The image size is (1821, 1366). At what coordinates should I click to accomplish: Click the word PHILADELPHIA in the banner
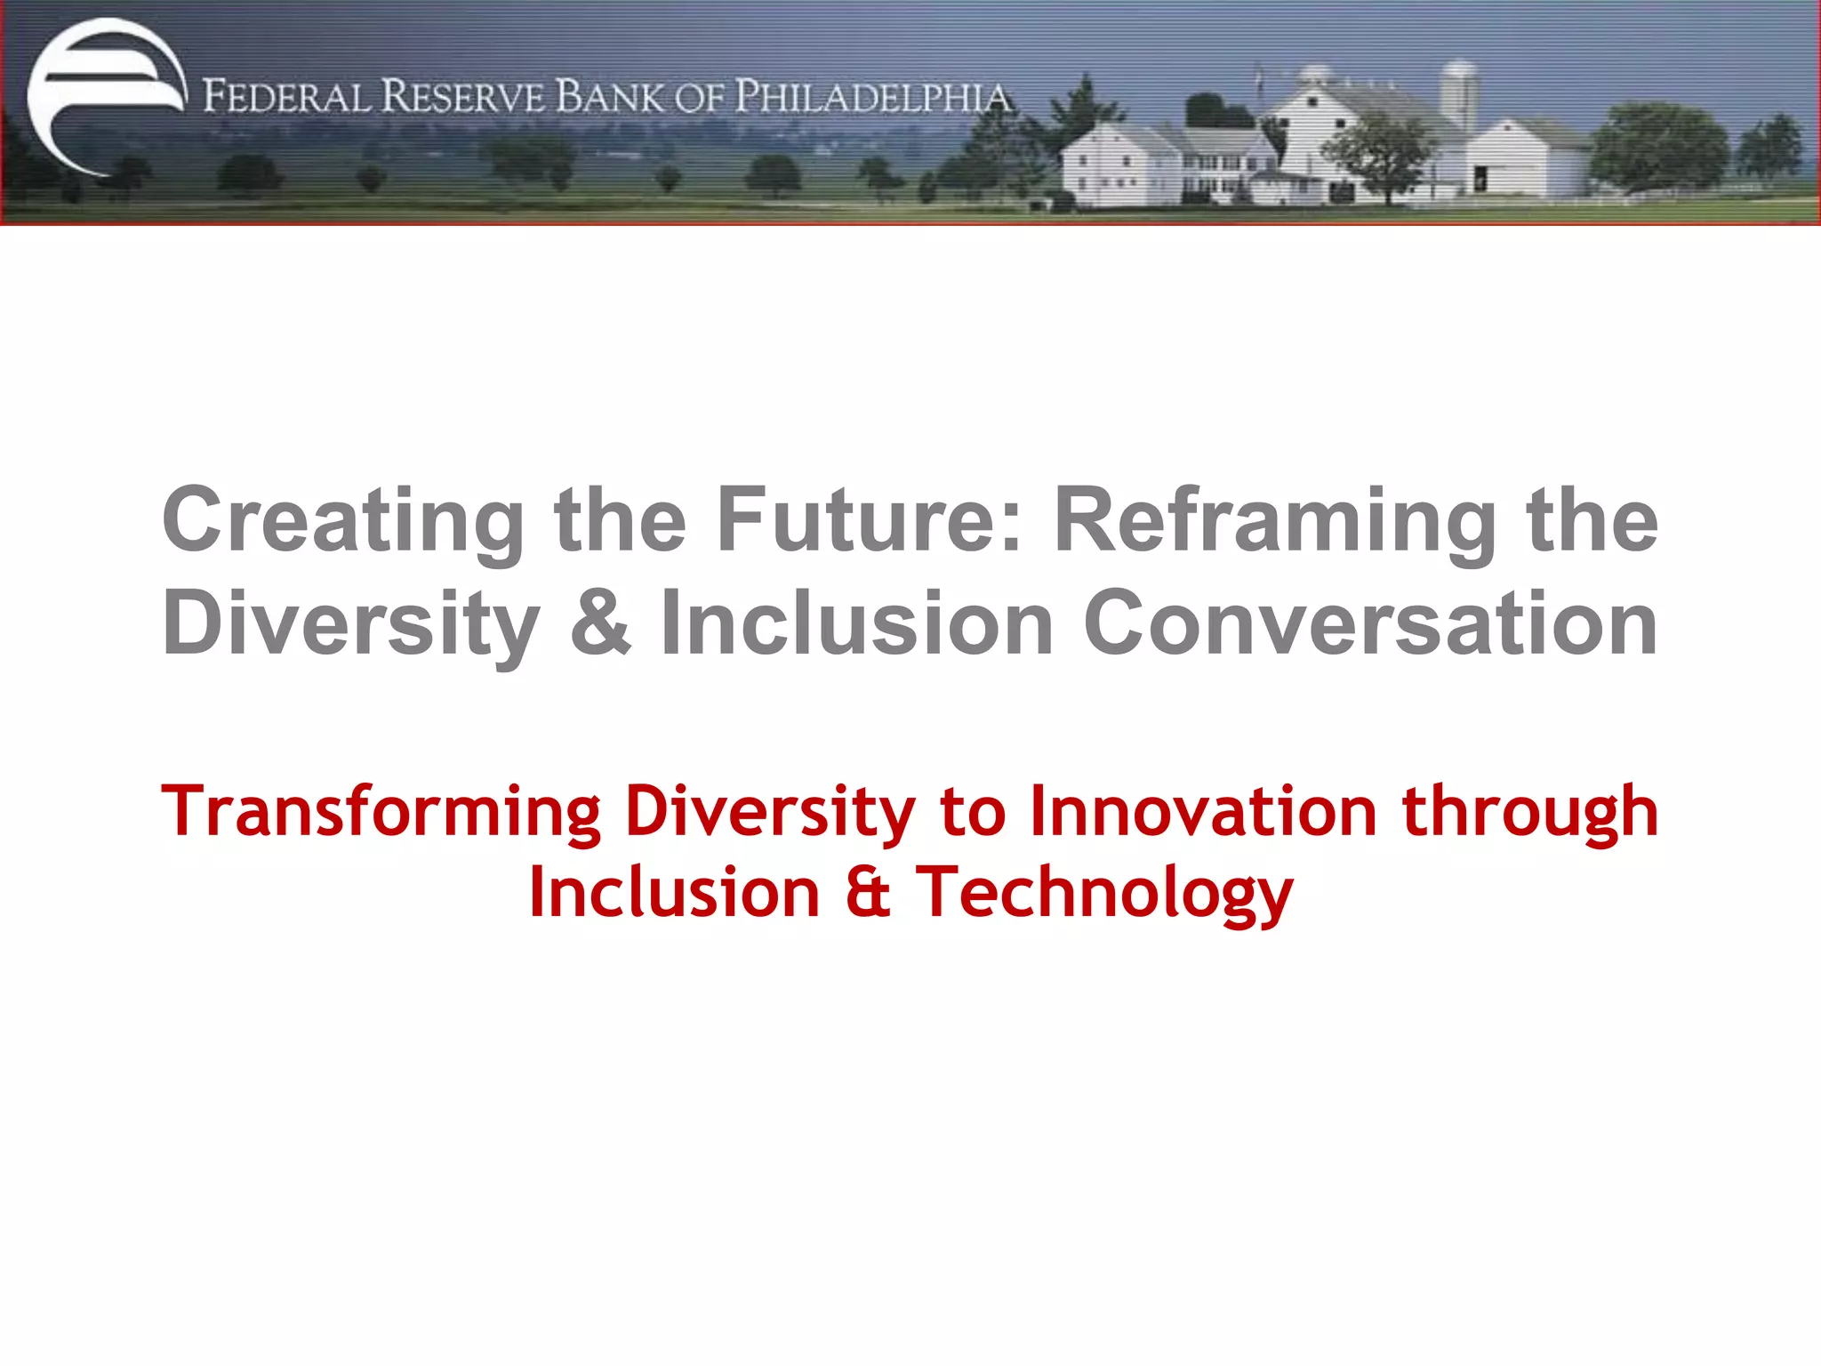(x=873, y=97)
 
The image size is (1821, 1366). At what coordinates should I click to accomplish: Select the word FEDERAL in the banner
(x=286, y=97)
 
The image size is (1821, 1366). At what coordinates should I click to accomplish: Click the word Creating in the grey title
(x=343, y=521)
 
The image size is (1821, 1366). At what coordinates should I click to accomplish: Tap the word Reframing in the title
(x=1275, y=521)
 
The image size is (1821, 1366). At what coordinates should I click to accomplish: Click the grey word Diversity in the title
(x=350, y=624)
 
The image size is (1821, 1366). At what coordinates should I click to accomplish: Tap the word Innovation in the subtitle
(x=1203, y=811)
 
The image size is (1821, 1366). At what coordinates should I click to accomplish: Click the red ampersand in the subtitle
(x=868, y=893)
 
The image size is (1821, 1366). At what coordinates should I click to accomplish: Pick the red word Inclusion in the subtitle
(x=674, y=893)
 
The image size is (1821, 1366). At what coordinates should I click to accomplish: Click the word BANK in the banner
(x=610, y=97)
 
